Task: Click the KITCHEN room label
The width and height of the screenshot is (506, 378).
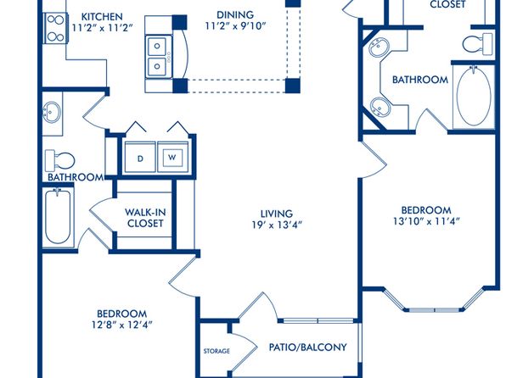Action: click(102, 16)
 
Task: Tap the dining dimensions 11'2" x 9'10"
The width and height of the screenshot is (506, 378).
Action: click(235, 26)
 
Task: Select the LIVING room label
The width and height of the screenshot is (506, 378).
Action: click(277, 214)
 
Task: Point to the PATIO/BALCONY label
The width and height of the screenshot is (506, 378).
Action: click(308, 347)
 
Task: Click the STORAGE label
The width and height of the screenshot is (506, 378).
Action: click(216, 351)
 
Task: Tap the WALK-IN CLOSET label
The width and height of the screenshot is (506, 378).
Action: click(145, 218)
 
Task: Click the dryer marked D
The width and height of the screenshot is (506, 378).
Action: click(140, 158)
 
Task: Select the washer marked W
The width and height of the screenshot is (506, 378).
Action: click(172, 158)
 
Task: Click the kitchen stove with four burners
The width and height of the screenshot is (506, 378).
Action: click(55, 28)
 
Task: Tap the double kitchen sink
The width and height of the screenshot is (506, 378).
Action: click(157, 57)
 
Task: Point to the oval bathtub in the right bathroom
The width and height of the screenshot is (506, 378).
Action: click(474, 97)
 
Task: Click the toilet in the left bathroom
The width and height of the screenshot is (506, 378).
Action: click(60, 160)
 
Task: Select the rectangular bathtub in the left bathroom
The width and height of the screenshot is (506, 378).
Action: click(58, 217)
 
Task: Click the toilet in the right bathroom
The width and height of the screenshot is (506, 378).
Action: click(478, 43)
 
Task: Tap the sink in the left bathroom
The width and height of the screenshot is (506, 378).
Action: click(51, 112)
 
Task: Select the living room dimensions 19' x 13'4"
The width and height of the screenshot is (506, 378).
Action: click(277, 225)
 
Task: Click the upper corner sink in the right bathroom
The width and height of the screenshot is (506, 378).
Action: click(379, 47)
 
